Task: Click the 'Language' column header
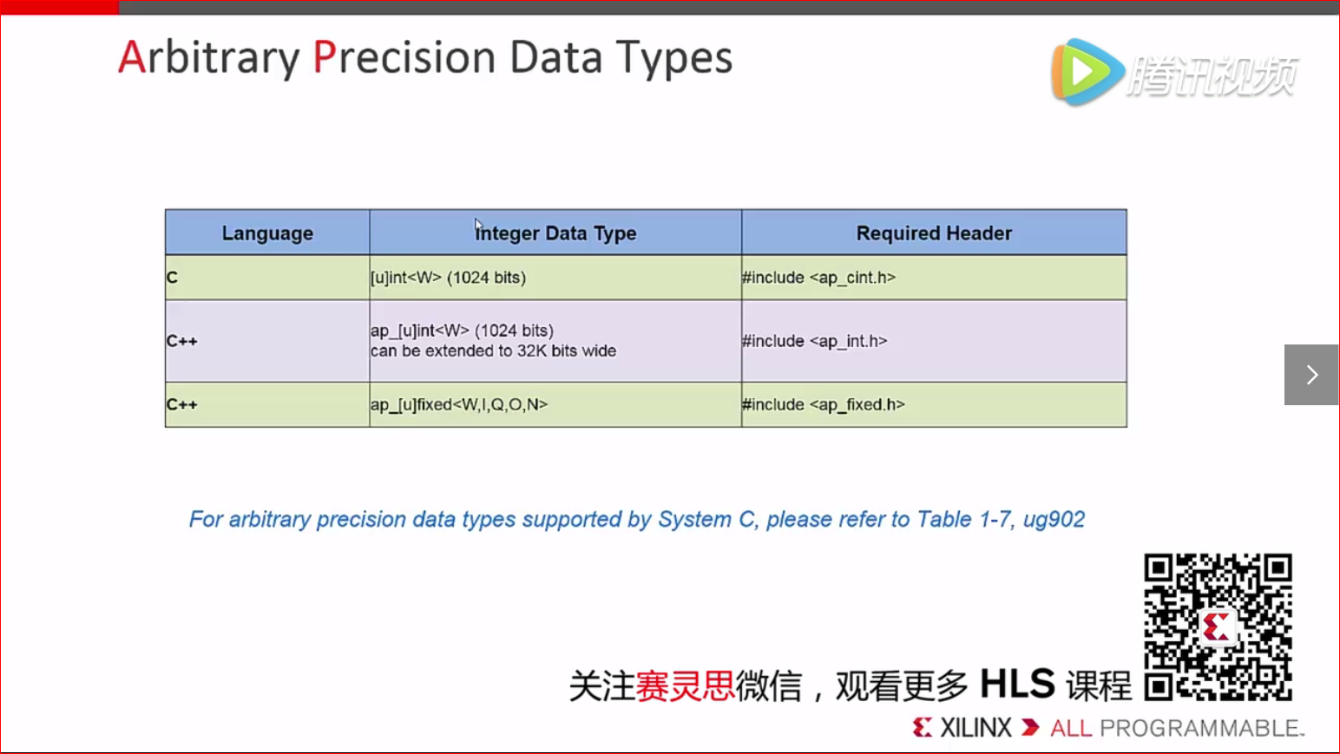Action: point(267,233)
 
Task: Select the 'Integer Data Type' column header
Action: point(555,233)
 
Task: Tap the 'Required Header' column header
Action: point(934,233)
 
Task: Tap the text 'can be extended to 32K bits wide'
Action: point(493,351)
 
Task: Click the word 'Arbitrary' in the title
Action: point(209,58)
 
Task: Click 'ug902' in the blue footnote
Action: point(1054,520)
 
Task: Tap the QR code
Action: point(1218,626)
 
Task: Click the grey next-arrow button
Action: point(1311,375)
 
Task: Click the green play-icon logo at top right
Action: point(1087,72)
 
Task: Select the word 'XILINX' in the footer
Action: point(975,728)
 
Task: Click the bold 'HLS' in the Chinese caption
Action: point(1017,684)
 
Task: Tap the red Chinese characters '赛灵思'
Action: point(685,685)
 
